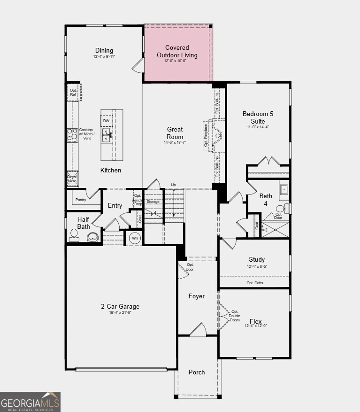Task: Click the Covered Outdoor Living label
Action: point(177,51)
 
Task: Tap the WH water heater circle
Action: point(135,238)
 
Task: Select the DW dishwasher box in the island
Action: point(106,121)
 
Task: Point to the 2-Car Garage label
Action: point(120,307)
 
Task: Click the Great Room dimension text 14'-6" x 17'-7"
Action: point(175,142)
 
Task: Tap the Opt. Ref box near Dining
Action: point(74,92)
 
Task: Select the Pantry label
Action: point(80,200)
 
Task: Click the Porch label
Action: point(197,372)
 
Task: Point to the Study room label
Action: point(257,259)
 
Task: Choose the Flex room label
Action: point(256,321)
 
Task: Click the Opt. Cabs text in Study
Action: point(255,283)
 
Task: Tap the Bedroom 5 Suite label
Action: point(258,117)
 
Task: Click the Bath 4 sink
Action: point(284,189)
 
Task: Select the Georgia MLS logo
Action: point(30,402)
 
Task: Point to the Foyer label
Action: point(197,296)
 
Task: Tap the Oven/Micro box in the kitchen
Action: point(72,179)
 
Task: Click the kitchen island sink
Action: point(107,136)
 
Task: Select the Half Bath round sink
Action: point(93,236)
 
